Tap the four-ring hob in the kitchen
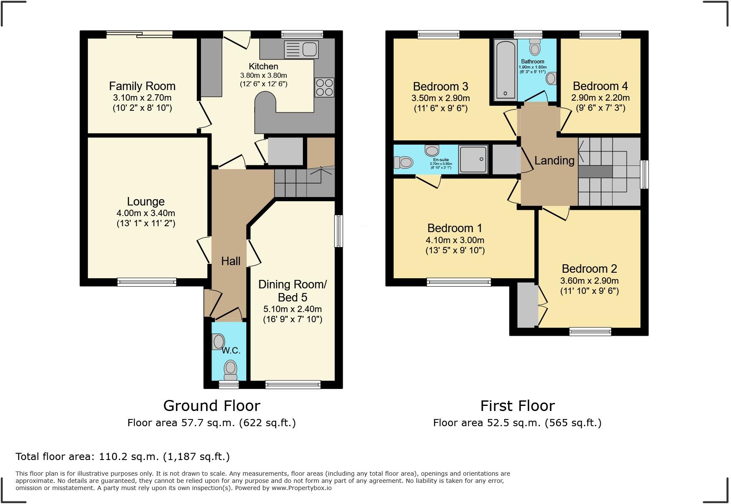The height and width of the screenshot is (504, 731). pyautogui.click(x=324, y=88)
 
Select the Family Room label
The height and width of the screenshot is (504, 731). pyautogui.click(x=142, y=86)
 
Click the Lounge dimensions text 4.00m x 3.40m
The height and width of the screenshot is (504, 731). pyautogui.click(x=146, y=213)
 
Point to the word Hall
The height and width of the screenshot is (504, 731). pyautogui.click(x=231, y=261)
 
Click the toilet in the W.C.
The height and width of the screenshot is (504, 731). pyautogui.click(x=231, y=370)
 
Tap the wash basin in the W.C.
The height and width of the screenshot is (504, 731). pyautogui.click(x=218, y=341)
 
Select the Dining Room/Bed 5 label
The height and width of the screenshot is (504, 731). pyautogui.click(x=292, y=291)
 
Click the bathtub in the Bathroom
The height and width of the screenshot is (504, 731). pyautogui.click(x=505, y=69)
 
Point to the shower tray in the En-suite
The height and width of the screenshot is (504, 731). pyautogui.click(x=473, y=159)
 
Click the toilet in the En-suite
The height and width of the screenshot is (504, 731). pyautogui.click(x=404, y=162)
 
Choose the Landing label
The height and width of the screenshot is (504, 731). pyautogui.click(x=554, y=161)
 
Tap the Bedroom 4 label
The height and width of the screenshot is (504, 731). pyautogui.click(x=600, y=86)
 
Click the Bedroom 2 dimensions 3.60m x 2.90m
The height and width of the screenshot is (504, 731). pyautogui.click(x=589, y=281)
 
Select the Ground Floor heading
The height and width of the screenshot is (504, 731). pyautogui.click(x=212, y=406)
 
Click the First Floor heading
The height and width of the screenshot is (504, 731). pyautogui.click(x=517, y=406)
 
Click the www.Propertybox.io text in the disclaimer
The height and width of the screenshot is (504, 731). pyautogui.click(x=301, y=488)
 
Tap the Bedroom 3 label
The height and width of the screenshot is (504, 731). pyautogui.click(x=440, y=87)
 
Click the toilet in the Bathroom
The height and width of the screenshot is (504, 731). pyautogui.click(x=535, y=47)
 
